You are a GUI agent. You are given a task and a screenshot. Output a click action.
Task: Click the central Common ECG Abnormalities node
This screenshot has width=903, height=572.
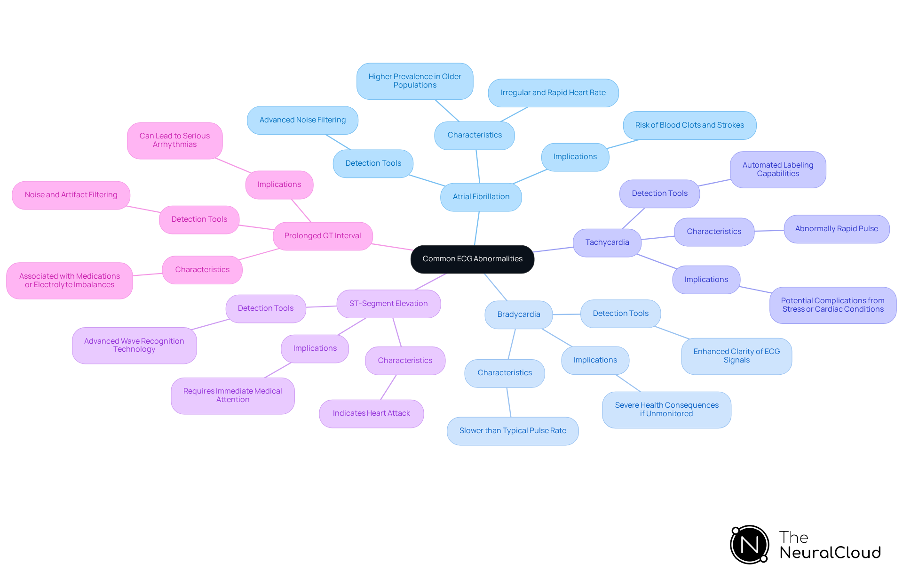point(472,259)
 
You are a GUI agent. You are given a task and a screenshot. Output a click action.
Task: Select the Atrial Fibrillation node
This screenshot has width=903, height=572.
point(481,197)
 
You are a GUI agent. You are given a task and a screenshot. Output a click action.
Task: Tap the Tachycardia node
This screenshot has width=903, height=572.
point(607,242)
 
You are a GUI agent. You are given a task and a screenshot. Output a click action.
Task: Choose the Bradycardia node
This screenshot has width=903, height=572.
point(518,314)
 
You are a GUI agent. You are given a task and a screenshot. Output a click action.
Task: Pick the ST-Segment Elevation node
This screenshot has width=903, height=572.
point(388,304)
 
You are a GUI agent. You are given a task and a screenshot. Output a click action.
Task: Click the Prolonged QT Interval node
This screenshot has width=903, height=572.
point(322,236)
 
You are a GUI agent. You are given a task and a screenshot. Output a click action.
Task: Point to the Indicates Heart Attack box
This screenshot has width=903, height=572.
point(371,413)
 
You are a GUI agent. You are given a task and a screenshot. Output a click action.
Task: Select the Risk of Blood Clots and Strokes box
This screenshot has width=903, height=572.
point(689,125)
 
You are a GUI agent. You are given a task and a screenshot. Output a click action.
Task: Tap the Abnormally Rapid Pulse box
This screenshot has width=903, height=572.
point(836,229)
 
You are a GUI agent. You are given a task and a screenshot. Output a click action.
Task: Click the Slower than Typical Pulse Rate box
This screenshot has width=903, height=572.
point(512,431)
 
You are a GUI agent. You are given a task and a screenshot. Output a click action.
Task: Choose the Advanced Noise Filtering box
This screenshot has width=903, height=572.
point(302,120)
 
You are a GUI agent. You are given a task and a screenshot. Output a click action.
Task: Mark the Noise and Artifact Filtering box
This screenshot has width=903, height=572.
point(71,195)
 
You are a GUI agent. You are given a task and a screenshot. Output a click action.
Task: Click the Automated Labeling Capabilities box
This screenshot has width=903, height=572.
point(777,169)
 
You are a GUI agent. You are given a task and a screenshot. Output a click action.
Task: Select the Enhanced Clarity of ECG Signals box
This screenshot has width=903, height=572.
point(736,356)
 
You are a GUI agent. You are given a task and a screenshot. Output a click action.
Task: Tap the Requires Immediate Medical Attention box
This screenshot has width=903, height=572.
point(232,395)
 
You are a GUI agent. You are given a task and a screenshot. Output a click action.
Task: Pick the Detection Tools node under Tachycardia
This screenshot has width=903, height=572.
point(659,193)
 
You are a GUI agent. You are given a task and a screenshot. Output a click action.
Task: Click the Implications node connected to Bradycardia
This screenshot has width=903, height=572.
point(595,360)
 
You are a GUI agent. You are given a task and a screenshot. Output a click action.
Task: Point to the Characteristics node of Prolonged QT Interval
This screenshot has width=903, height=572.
point(202,270)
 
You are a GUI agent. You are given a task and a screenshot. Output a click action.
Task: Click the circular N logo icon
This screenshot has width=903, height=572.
point(749,545)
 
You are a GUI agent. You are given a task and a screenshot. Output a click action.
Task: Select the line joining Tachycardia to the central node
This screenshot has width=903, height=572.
point(554,250)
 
